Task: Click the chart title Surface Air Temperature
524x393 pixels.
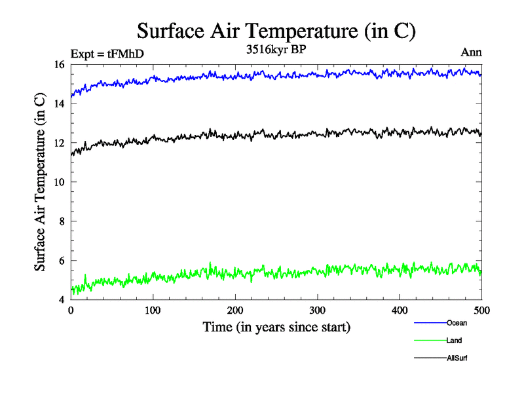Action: [x=276, y=31]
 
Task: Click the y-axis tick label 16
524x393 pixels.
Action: [x=60, y=64]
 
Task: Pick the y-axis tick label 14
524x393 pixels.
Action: [x=60, y=103]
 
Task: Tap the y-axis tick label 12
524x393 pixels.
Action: [x=60, y=143]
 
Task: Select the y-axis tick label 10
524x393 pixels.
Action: [x=60, y=182]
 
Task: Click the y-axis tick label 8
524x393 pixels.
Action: [x=62, y=221]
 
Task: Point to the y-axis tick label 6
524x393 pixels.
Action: [x=62, y=261]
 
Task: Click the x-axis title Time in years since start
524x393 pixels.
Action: [x=276, y=327]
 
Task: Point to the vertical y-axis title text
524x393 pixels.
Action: [x=40, y=182]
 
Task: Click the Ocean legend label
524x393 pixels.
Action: [x=457, y=323]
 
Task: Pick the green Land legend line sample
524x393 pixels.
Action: [x=430, y=341]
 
